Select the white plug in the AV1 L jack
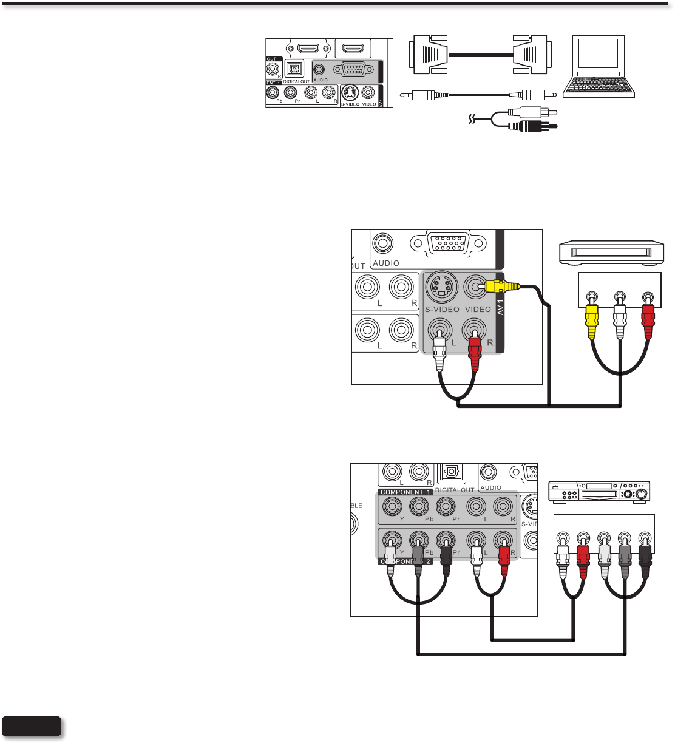(439, 355)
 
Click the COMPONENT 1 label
(402, 492)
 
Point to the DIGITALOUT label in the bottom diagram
(454, 490)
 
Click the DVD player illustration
(599, 491)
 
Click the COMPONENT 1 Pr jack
(446, 506)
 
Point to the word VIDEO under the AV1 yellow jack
(478, 309)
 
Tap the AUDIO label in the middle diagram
(386, 263)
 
